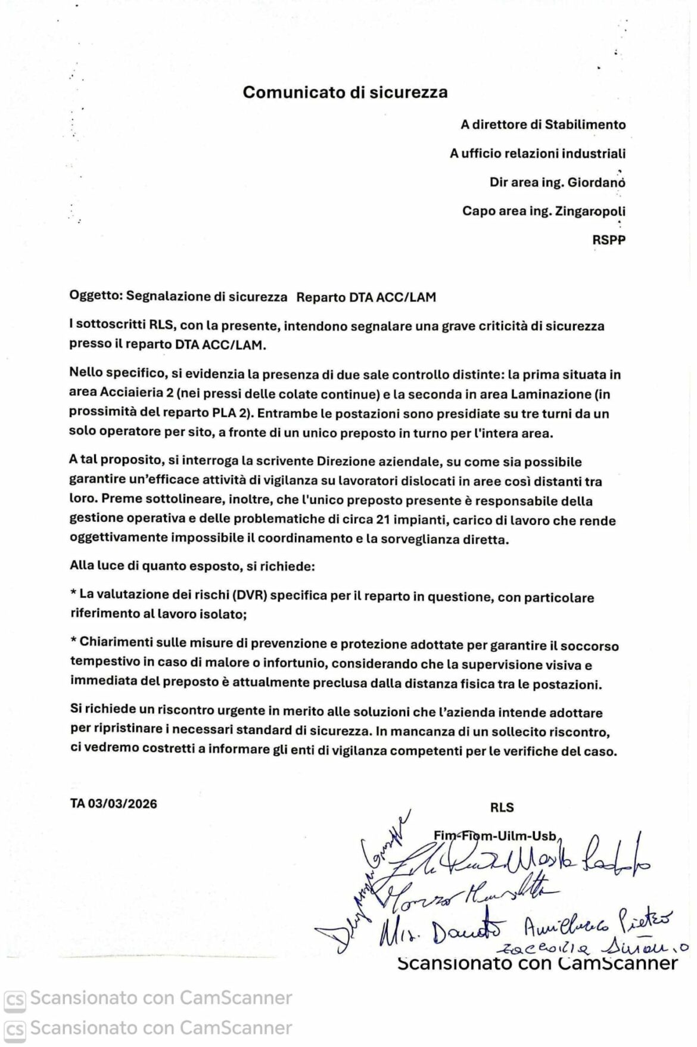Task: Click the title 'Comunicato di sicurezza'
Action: pyautogui.click(x=345, y=92)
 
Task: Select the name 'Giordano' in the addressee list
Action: pyautogui.click(x=598, y=182)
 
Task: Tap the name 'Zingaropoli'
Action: pyautogui.click(x=590, y=211)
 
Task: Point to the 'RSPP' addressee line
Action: pyautogui.click(x=609, y=240)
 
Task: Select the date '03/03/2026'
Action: pyautogui.click(x=123, y=803)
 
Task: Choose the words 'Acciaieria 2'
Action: pyautogui.click(x=136, y=394)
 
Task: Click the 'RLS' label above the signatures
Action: pyautogui.click(x=502, y=807)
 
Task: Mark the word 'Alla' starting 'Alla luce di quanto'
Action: pyautogui.click(x=82, y=566)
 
